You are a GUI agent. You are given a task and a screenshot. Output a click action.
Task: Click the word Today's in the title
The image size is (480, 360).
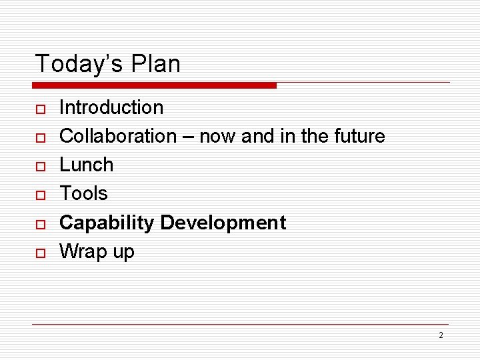coord(73,64)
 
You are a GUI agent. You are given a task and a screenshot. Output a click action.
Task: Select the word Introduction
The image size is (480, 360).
coord(111,107)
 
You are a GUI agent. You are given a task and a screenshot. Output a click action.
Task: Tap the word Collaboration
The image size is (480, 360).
coord(118,136)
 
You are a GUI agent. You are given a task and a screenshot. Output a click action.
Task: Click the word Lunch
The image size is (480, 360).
coord(87,165)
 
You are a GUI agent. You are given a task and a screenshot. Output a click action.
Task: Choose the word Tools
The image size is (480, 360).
coord(83,193)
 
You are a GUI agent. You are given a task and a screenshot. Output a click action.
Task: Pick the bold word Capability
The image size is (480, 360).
coord(107,223)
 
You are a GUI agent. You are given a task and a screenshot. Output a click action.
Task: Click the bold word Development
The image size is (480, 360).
coord(223,223)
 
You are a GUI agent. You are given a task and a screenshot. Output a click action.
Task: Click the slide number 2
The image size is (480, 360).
coord(441,335)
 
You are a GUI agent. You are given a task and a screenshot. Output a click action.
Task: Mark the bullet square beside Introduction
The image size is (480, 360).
coord(40,109)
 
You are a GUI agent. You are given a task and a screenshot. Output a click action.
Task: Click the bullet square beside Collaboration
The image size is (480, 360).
coord(40,137)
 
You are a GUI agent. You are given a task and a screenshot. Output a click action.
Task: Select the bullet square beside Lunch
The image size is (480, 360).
coord(40,166)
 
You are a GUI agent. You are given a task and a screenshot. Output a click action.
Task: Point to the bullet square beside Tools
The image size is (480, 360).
coord(40,195)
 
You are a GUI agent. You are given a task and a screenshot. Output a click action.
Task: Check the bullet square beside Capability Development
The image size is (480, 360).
coord(40,224)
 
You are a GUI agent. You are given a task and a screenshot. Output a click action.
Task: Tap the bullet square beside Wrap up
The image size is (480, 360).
coord(40,253)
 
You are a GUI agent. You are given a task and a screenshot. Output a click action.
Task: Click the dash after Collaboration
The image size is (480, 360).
coord(188,137)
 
